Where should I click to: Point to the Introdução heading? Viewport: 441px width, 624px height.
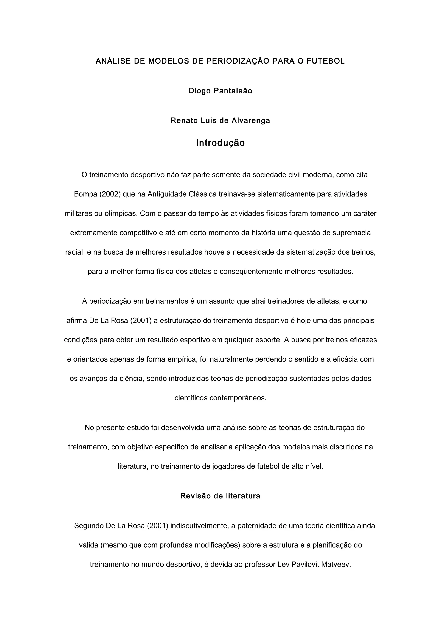pos(220,143)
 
